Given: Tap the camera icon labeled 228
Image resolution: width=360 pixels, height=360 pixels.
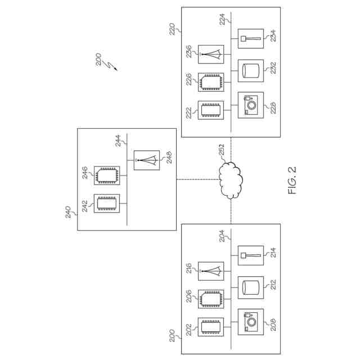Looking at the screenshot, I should tap(250, 104).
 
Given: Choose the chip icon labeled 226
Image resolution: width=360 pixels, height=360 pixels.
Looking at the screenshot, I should tap(211, 82).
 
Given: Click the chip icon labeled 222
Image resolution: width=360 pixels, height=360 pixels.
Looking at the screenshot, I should tap(211, 110).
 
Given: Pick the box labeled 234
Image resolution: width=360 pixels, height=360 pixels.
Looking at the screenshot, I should tap(250, 39).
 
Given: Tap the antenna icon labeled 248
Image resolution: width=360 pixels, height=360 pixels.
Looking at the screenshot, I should tap(146, 160).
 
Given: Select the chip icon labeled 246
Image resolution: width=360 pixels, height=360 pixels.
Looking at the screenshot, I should tap(107, 175).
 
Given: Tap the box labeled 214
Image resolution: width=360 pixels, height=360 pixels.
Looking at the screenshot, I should tap(250, 256).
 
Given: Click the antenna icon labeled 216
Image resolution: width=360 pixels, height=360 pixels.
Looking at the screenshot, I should tap(211, 272).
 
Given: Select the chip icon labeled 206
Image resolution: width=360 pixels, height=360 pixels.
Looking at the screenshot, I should tap(211, 299).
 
